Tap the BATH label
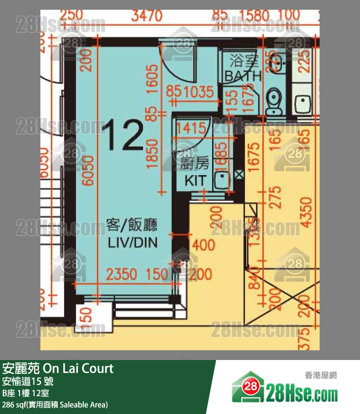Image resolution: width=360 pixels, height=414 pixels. pos(243,76)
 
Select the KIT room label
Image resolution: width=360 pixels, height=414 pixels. pos(195,180)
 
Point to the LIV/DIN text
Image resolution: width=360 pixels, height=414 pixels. pos(131,242)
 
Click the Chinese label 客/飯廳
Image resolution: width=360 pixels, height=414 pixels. pos(131,225)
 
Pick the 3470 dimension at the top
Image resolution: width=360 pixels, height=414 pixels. pos(146,17)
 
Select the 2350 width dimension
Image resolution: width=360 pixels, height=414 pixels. pos(122,274)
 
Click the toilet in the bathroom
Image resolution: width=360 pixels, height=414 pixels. pos(274,101)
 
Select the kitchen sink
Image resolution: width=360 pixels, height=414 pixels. pos(222,180)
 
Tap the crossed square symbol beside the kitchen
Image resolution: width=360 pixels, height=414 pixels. pos(238,174)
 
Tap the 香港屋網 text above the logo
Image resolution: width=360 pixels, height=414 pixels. pos(321,375)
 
